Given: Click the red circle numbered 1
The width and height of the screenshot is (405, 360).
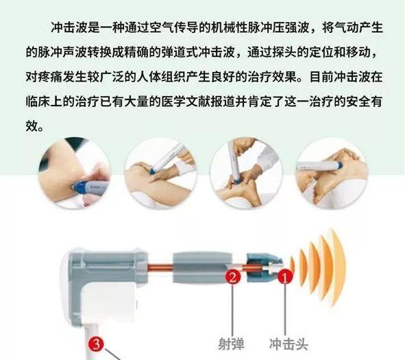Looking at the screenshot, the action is [285, 276].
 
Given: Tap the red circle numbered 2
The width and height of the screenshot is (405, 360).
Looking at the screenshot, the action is [232, 276].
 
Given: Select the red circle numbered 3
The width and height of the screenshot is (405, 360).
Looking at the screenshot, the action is [95, 344].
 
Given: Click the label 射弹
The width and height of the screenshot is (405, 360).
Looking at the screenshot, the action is [231, 344].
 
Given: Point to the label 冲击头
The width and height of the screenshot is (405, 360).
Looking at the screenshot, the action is [289, 344].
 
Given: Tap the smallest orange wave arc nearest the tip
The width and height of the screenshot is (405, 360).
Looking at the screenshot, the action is [293, 268].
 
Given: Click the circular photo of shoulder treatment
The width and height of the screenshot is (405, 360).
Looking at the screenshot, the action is [75, 173].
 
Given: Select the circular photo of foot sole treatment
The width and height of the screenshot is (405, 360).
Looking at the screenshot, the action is [245, 173].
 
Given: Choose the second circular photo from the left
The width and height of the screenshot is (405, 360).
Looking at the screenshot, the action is [160, 173].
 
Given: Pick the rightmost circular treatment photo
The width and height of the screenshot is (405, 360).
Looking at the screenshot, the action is [332, 173].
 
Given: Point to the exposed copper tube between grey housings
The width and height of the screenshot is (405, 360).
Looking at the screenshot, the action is [160, 267].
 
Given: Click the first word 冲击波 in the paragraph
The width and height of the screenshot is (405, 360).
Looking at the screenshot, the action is [69, 27].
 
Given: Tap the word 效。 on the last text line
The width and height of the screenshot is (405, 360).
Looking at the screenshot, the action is [35, 126].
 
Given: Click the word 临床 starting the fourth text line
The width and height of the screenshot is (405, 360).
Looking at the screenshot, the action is [38, 101].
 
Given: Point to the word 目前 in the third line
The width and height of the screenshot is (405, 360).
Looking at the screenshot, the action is [321, 77].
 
